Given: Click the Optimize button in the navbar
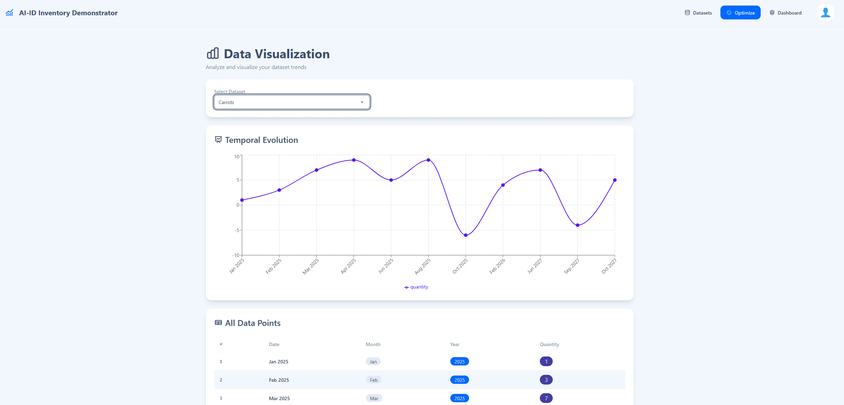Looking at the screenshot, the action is (x=740, y=13).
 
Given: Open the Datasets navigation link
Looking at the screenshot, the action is (x=698, y=13).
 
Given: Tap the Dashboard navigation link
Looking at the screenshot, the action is (x=786, y=13).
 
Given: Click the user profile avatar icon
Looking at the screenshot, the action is (x=825, y=12).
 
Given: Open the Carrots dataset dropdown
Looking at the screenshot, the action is (x=292, y=102).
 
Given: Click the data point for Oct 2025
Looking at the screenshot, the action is (x=466, y=235).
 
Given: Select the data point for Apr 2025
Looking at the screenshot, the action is (x=354, y=160).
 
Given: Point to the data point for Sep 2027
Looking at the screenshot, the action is (x=577, y=225).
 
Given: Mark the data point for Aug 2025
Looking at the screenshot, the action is (x=428, y=160).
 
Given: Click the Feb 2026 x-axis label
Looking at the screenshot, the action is (x=497, y=266).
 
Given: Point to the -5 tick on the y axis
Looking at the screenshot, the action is (x=237, y=230).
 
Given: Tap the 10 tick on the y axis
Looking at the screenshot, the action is (x=236, y=157).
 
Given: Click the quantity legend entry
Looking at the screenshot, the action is (x=416, y=287).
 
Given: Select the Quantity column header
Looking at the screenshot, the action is (x=549, y=344).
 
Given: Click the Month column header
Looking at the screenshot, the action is (x=373, y=344).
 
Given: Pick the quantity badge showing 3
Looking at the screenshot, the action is (x=546, y=380).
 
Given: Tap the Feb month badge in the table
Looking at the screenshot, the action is (x=374, y=380).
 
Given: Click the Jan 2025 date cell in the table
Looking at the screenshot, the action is (x=278, y=362).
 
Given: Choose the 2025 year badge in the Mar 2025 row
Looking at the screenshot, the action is (x=459, y=398).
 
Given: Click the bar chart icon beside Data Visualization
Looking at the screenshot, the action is (x=213, y=53).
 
